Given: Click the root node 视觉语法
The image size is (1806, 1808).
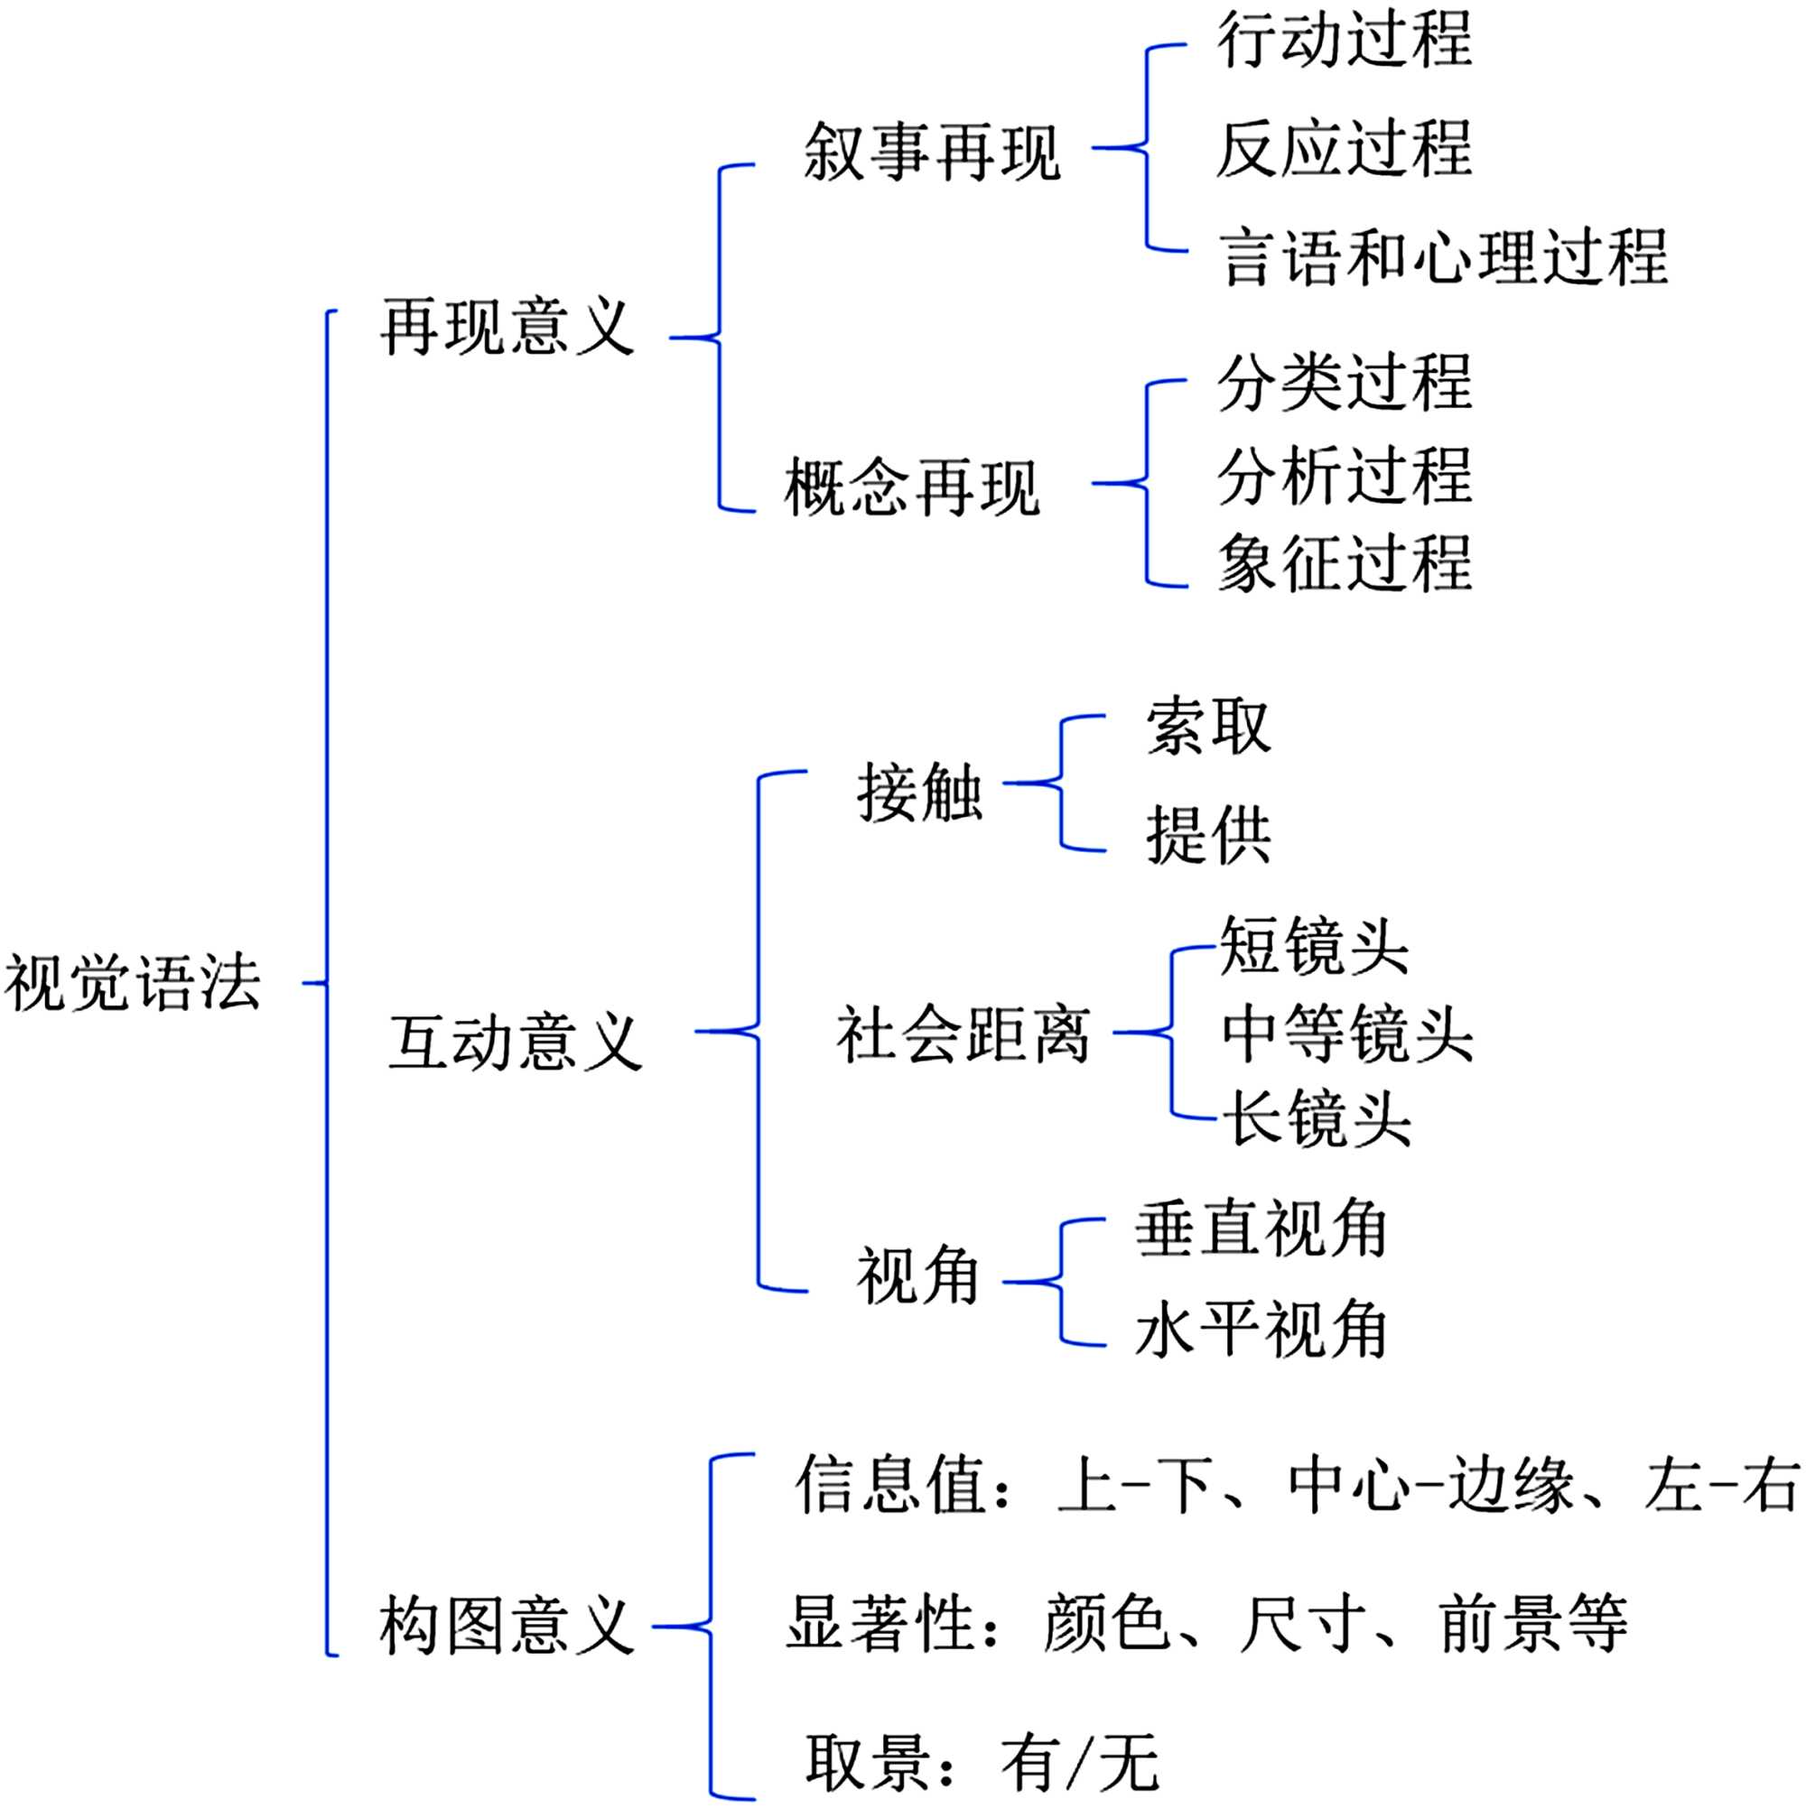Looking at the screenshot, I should tap(133, 984).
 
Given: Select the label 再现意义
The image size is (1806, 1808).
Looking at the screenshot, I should tap(507, 328).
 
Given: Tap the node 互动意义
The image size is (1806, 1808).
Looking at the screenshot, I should tap(515, 1043).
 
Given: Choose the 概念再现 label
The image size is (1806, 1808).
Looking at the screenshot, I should tap(912, 487).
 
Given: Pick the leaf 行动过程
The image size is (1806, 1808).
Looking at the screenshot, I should tap(1345, 40).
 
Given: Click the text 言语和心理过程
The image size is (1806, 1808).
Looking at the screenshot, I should tap(1443, 256).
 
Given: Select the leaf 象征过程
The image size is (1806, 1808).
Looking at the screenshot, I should tap(1345, 563).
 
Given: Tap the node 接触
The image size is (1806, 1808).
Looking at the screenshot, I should tap(919, 793).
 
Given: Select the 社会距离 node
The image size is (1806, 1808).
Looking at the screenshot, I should tap(964, 1034).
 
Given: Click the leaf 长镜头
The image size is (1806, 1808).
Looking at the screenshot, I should tap(1317, 1118).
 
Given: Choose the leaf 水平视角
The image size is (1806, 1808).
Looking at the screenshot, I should tap(1261, 1330).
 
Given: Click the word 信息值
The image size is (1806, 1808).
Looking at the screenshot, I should tap(889, 1485).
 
